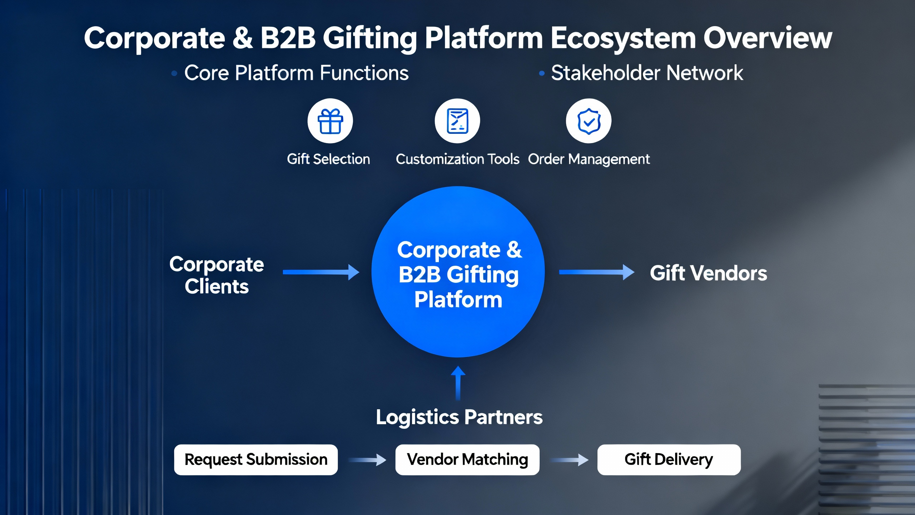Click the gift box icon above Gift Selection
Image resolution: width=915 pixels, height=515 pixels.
pyautogui.click(x=330, y=121)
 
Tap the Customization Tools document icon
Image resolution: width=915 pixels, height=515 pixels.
pyautogui.click(x=457, y=121)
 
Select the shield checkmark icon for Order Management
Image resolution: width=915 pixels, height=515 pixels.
pyautogui.click(x=589, y=121)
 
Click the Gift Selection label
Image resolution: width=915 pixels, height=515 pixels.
pyautogui.click(x=328, y=159)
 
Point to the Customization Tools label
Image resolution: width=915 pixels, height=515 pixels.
pyautogui.click(x=457, y=159)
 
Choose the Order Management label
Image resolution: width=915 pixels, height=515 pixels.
pyautogui.click(x=589, y=159)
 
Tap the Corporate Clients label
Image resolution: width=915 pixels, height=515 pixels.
pyautogui.click(x=217, y=275)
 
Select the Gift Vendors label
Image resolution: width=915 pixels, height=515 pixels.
pyautogui.click(x=708, y=273)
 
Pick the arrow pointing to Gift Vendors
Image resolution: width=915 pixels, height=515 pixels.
pyautogui.click(x=596, y=272)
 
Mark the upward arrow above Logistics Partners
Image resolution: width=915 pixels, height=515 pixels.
pyautogui.click(x=458, y=383)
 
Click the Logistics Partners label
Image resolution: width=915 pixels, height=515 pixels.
pyautogui.click(x=459, y=417)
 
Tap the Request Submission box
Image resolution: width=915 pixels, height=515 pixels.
pyautogui.click(x=256, y=460)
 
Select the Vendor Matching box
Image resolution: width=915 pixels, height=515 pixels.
pyautogui.click(x=467, y=460)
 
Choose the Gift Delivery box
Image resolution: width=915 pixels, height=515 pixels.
pyautogui.click(x=669, y=460)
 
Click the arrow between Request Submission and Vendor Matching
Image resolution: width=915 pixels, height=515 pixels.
pyautogui.click(x=367, y=460)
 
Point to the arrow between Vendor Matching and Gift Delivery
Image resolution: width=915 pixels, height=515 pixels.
pyautogui.click(x=569, y=460)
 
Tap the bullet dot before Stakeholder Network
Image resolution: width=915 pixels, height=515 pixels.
pyautogui.click(x=542, y=73)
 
